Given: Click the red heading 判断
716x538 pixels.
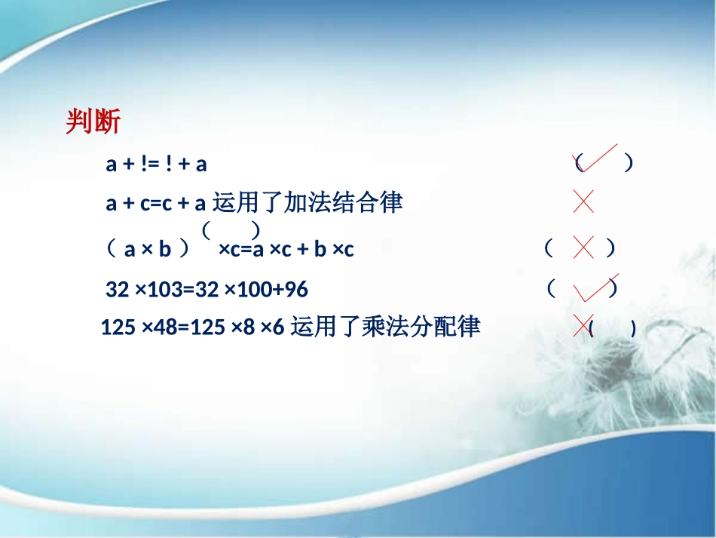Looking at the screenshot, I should point(93,121).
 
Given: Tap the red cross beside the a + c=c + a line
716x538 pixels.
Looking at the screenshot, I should point(583,201).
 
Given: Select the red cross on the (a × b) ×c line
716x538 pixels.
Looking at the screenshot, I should point(583,247).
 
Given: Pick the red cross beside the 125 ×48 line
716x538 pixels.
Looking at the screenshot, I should point(583,324).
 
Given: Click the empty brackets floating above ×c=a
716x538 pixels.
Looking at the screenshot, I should point(231,229).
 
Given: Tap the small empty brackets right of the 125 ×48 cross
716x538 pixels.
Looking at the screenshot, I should point(613,328).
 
